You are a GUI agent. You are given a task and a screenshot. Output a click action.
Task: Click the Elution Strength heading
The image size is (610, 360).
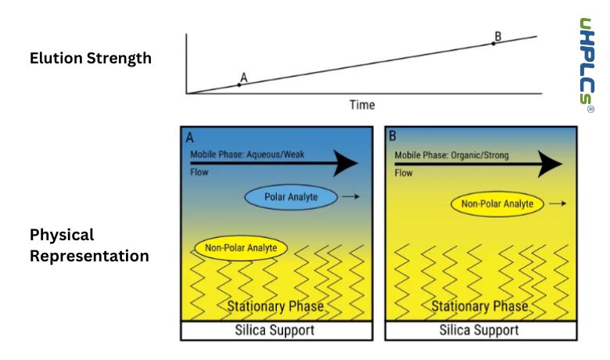click(x=91, y=58)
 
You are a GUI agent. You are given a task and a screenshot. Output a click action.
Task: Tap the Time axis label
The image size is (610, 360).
click(x=361, y=105)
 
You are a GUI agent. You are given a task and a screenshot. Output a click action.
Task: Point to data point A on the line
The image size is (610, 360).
click(x=239, y=84)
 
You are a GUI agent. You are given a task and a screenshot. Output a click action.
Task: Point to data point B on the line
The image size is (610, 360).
click(x=493, y=43)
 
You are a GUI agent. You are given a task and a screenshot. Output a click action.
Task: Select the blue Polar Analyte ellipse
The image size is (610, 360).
click(x=290, y=197)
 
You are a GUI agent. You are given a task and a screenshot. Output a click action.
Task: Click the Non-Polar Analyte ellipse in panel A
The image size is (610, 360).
click(x=240, y=249)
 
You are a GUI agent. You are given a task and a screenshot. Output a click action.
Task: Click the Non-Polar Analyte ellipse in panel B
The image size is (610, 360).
click(x=497, y=204)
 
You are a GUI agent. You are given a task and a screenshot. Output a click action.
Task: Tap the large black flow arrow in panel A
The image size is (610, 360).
click(x=274, y=163)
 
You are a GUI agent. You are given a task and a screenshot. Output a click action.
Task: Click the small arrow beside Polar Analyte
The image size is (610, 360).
click(x=350, y=197)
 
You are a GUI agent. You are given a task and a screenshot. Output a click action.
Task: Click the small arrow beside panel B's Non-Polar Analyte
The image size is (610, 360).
click(x=558, y=204)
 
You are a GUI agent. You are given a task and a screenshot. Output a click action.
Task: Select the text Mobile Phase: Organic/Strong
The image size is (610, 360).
click(x=451, y=155)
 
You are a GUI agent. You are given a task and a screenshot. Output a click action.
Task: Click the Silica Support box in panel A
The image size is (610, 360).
click(x=274, y=330)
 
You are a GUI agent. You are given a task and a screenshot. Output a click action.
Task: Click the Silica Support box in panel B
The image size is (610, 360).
click(x=480, y=330)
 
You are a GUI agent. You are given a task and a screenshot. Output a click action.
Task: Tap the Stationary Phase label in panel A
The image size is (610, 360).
click(x=274, y=306)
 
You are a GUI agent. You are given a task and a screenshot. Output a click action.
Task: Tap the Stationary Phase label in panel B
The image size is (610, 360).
click(x=480, y=306)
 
